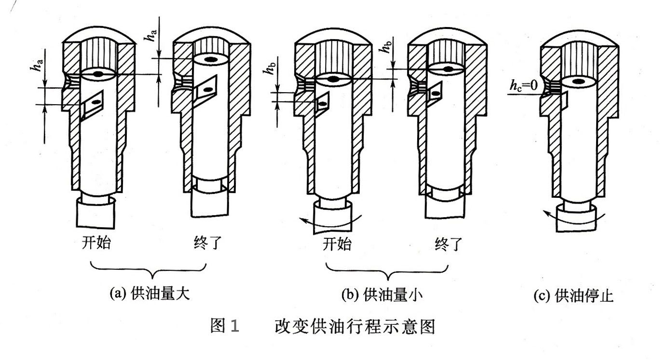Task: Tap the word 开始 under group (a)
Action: [95, 243]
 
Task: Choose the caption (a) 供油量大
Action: [149, 294]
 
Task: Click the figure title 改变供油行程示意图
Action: [355, 327]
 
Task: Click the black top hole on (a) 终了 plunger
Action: [210, 59]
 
